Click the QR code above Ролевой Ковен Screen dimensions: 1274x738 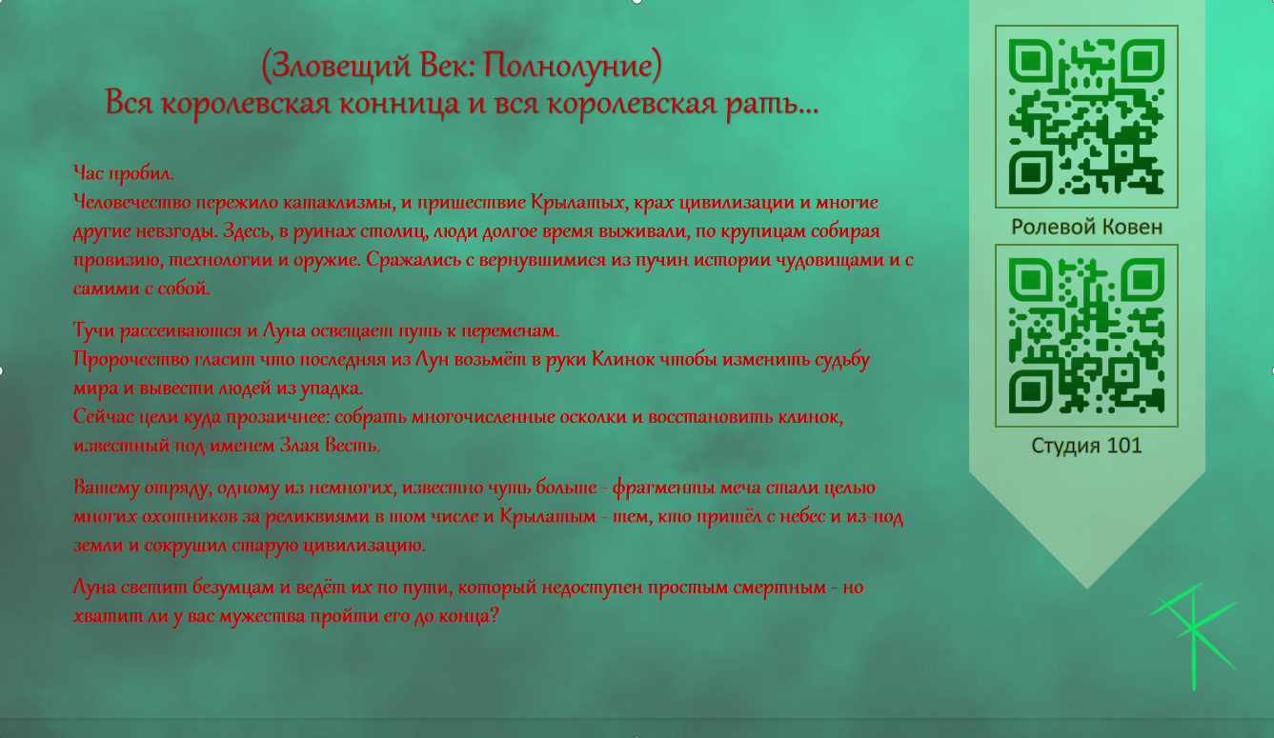tap(1086, 116)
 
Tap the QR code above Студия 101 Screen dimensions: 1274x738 tap(1086, 335)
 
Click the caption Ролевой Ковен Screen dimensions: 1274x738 tap(1086, 227)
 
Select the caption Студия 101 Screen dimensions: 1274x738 tap(1086, 446)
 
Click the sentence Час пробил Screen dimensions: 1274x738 tap(124, 173)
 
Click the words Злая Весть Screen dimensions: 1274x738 tap(330, 445)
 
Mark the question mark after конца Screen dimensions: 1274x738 tap(494, 615)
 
